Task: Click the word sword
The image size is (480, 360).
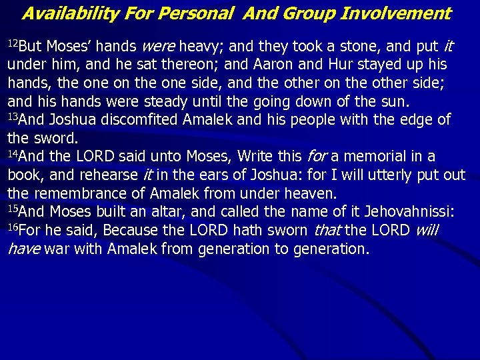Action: pos(55,139)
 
